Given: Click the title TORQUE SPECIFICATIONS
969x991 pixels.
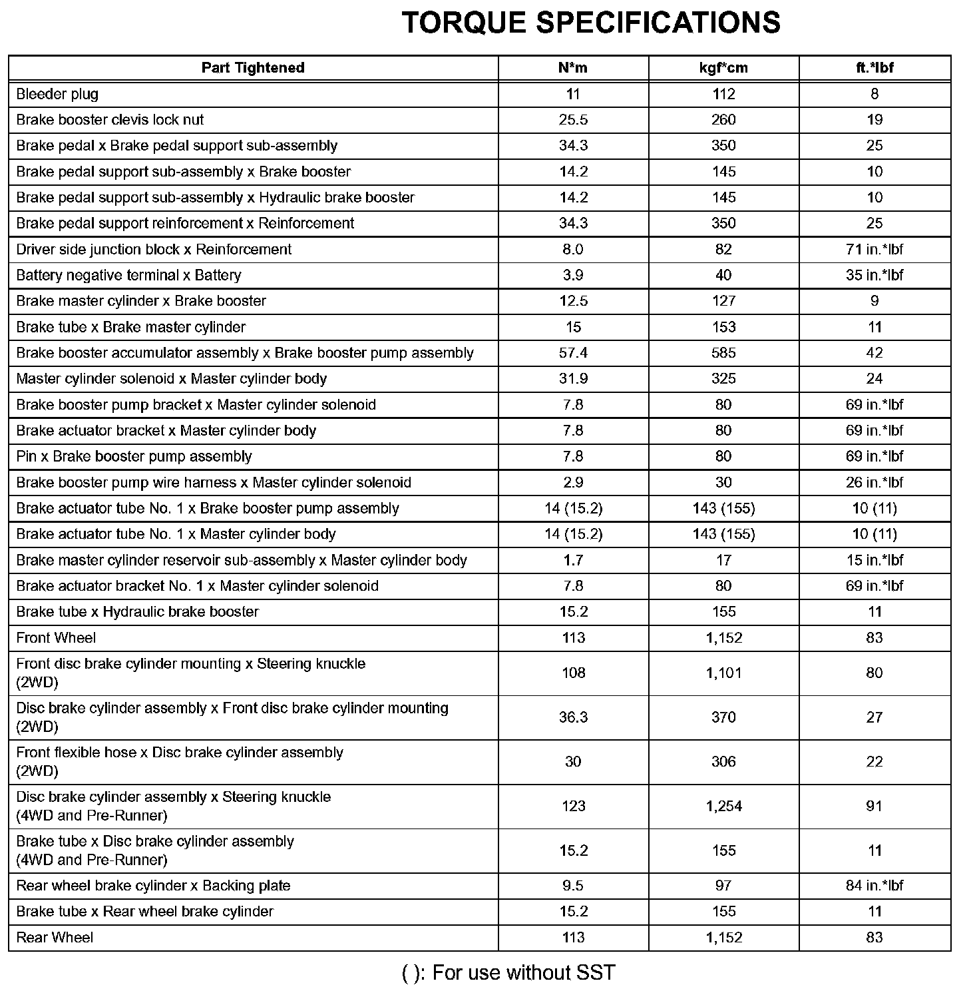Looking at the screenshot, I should (x=591, y=23).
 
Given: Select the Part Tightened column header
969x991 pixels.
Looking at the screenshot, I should (x=253, y=68).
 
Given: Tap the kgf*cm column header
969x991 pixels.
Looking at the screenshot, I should (x=723, y=68).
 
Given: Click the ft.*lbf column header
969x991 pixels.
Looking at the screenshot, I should (x=874, y=68).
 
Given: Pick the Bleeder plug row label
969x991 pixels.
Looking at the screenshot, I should (x=57, y=94).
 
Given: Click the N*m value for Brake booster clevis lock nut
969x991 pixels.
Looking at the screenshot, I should (x=573, y=120).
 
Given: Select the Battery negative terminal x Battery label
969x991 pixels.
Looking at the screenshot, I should (x=128, y=275).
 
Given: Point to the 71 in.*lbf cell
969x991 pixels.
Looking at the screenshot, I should (x=874, y=250).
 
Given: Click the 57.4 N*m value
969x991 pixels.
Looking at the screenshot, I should (x=573, y=353).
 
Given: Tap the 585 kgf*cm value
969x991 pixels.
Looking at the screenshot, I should (x=723, y=353).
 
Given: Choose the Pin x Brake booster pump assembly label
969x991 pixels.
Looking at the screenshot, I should (x=134, y=457).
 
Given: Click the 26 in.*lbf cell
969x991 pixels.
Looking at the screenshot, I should (x=874, y=483).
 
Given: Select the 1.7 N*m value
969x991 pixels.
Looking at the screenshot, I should (x=573, y=560).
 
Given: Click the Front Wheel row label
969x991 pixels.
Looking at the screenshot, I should (x=56, y=638).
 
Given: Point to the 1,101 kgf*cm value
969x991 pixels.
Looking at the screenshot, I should (x=723, y=673).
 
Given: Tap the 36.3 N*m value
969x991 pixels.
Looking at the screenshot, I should (x=573, y=717).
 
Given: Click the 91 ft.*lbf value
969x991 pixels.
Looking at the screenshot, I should (x=874, y=807).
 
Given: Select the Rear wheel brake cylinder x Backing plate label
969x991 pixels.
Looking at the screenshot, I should (x=153, y=886).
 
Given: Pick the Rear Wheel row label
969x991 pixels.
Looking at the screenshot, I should (x=55, y=938).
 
